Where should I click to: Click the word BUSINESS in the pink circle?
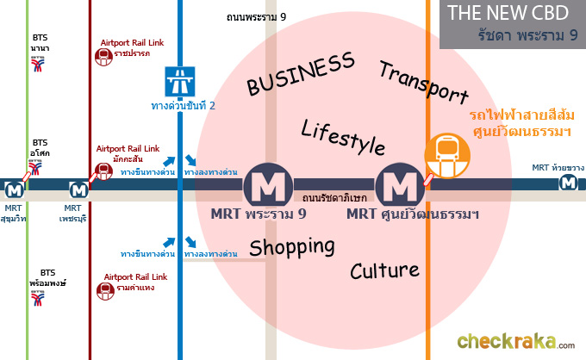click(x=300, y=73)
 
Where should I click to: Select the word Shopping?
click(x=291, y=247)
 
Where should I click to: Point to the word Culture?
click(x=383, y=270)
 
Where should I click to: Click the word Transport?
click(x=423, y=83)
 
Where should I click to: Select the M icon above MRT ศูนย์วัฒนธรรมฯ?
click(x=399, y=183)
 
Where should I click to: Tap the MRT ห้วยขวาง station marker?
click(x=568, y=183)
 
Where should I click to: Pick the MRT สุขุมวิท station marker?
click(x=14, y=188)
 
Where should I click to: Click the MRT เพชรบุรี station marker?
click(x=78, y=188)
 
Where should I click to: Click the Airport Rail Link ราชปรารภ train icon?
click(x=103, y=57)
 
